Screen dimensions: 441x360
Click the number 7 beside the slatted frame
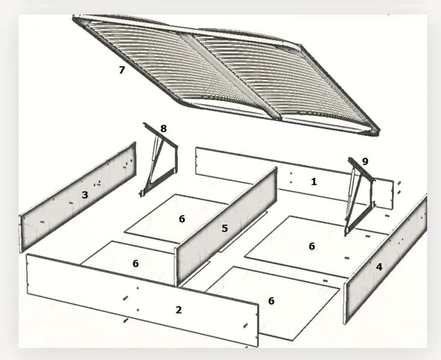point(122,70)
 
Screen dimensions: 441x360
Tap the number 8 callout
point(163,128)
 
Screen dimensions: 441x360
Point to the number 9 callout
point(364,161)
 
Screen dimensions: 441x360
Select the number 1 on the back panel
point(314,182)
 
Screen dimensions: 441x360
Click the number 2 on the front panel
point(178,309)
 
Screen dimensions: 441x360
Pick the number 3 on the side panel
point(85,195)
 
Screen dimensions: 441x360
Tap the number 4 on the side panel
point(379,267)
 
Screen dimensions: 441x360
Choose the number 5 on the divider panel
point(224,228)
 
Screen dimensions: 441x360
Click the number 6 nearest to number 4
point(311,246)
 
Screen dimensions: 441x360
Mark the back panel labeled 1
point(294,178)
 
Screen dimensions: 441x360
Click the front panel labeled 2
point(142,300)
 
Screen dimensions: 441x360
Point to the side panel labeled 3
point(77,197)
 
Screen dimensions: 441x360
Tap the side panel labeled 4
point(386,259)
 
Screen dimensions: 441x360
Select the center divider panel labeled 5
point(225,226)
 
